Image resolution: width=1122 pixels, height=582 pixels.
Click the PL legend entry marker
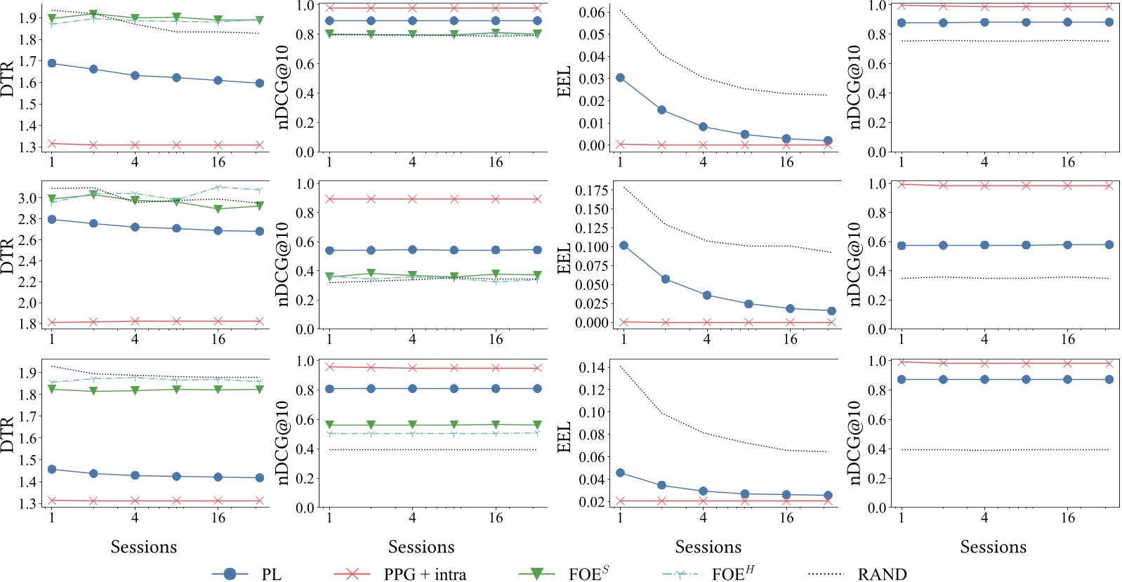click(230, 574)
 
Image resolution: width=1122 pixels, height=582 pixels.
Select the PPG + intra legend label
click(425, 574)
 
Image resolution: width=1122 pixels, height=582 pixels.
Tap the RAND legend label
click(882, 574)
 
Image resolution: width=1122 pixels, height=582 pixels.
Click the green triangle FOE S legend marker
click(536, 574)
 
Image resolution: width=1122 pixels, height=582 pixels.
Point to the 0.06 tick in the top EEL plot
click(592, 13)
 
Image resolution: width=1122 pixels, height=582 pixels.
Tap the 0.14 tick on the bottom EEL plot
click(592, 368)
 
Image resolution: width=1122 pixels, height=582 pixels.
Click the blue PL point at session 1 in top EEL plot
click(620, 78)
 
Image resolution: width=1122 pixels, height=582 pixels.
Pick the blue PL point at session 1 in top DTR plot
click(52, 64)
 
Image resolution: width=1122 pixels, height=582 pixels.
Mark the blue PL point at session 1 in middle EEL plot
click(623, 246)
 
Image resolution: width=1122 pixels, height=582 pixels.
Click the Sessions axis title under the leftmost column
click(144, 547)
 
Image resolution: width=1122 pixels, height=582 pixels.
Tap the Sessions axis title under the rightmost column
click(993, 547)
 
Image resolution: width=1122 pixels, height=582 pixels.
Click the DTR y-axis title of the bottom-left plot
click(8, 435)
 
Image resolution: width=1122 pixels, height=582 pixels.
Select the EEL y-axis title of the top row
click(563, 81)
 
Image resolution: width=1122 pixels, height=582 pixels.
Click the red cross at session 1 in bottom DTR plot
click(52, 501)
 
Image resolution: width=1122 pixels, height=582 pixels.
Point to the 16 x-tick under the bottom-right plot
click(1067, 518)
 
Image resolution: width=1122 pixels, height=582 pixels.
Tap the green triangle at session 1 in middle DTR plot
click(52, 199)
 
